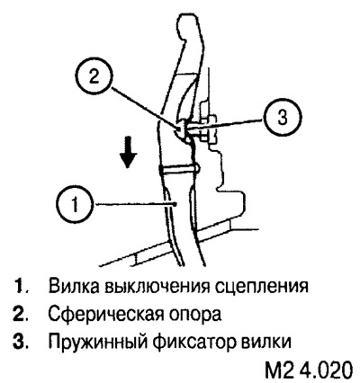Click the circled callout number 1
75,205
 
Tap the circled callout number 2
94,77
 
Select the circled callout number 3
282,117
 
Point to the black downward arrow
128,152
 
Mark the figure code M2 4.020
308,370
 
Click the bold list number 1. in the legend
22,286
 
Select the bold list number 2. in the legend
21,314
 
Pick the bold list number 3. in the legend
21,341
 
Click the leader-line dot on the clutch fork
175,204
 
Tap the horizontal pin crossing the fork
178,170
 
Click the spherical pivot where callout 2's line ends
179,129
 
